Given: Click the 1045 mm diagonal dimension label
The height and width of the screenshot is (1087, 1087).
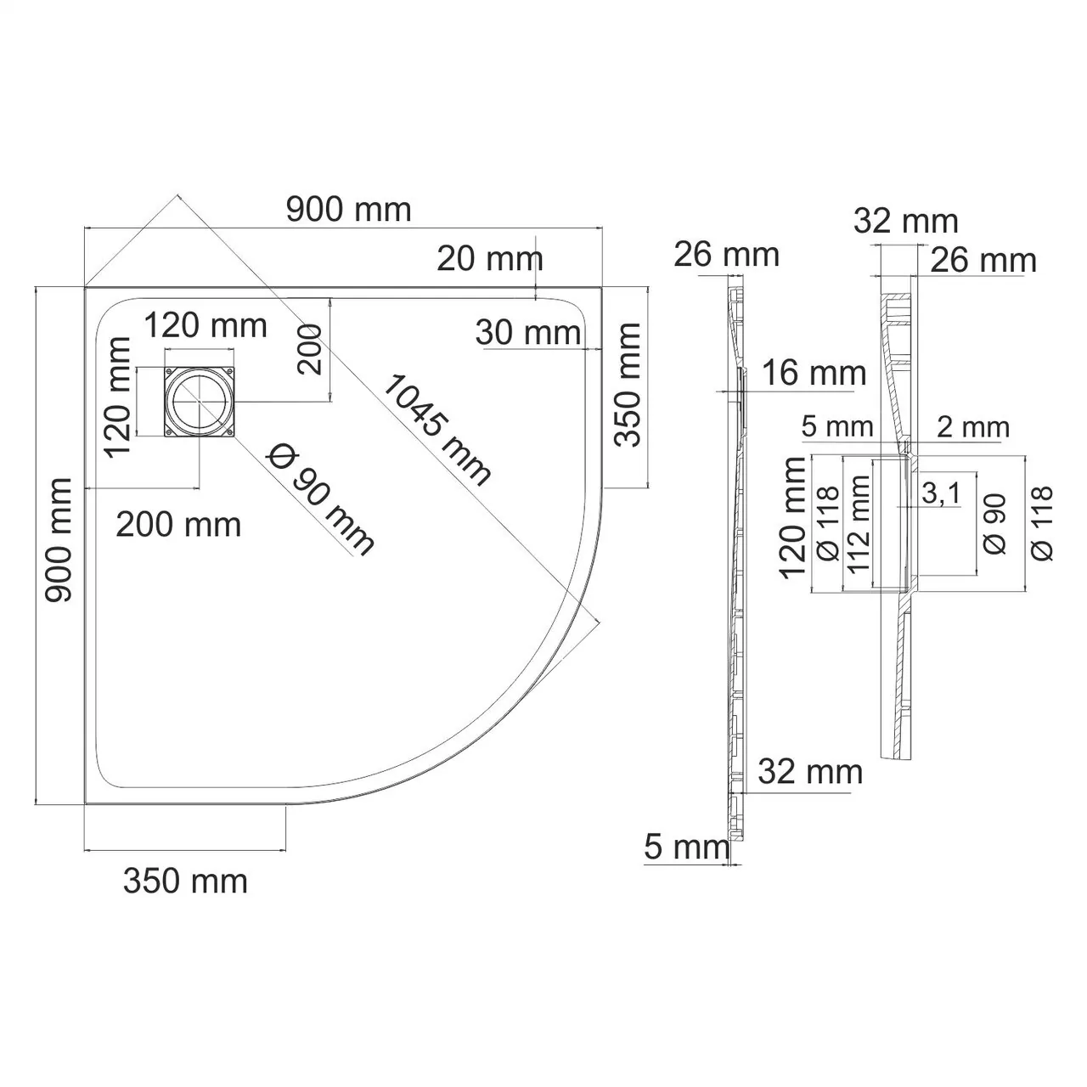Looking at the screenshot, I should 436,431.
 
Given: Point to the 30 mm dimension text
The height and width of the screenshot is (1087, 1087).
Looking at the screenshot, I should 527,333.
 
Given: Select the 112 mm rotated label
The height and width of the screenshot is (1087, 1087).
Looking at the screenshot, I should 859,525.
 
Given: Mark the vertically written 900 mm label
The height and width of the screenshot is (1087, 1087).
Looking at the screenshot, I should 58,541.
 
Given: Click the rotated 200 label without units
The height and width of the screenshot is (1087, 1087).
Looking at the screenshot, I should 309,349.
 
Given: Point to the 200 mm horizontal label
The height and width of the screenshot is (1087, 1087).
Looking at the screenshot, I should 178,525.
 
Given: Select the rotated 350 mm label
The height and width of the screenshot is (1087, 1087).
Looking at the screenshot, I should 628,385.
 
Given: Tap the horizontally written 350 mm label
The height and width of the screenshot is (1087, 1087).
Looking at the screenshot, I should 185,881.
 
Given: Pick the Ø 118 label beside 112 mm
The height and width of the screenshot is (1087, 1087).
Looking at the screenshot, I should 826,523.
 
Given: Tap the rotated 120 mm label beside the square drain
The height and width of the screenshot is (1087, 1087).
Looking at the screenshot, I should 119,397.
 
